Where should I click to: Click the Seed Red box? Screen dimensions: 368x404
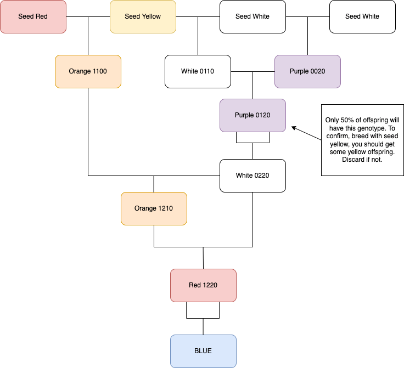(x=33, y=16)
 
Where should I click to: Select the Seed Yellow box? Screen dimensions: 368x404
(x=143, y=16)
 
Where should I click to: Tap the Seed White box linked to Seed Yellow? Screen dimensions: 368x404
(x=252, y=16)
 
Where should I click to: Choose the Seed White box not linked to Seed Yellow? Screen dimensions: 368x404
(x=362, y=16)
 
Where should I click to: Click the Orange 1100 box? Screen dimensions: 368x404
(x=88, y=71)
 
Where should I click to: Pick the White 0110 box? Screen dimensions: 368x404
(x=198, y=71)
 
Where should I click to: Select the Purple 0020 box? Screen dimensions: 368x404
(x=307, y=71)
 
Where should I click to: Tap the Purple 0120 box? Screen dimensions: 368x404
(x=252, y=115)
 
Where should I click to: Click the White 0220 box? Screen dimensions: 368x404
(x=252, y=175)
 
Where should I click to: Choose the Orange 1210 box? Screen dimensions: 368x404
(x=154, y=208)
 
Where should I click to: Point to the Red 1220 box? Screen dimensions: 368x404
(x=203, y=285)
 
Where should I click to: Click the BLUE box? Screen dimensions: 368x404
(x=203, y=351)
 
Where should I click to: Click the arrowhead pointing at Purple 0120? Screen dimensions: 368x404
(x=294, y=128)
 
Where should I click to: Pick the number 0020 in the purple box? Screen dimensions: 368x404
(x=318, y=71)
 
